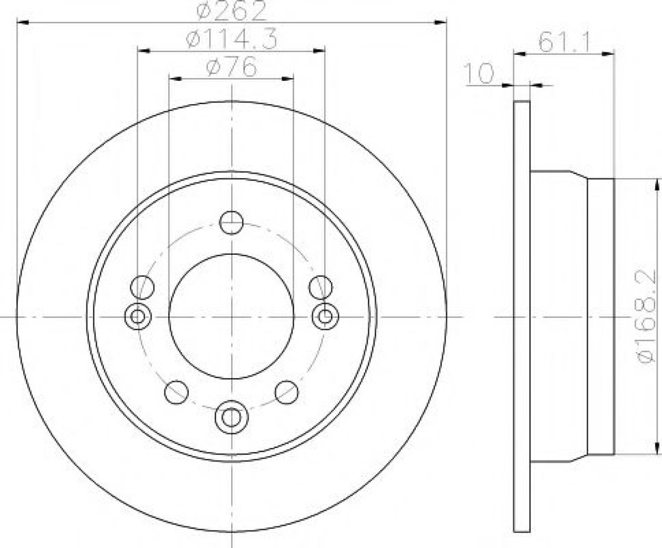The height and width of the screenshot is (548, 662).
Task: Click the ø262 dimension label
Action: tap(231, 10)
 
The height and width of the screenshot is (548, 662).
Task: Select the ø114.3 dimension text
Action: tap(232, 38)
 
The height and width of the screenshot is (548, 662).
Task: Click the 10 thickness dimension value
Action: tap(479, 74)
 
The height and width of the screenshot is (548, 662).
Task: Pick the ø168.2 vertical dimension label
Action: tap(645, 317)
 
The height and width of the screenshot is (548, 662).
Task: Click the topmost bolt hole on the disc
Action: tap(232, 223)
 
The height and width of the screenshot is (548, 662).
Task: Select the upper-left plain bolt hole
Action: tap(142, 287)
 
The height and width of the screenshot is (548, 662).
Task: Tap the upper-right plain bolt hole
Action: tap(321, 287)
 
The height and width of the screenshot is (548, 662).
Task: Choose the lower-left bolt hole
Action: tap(176, 393)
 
